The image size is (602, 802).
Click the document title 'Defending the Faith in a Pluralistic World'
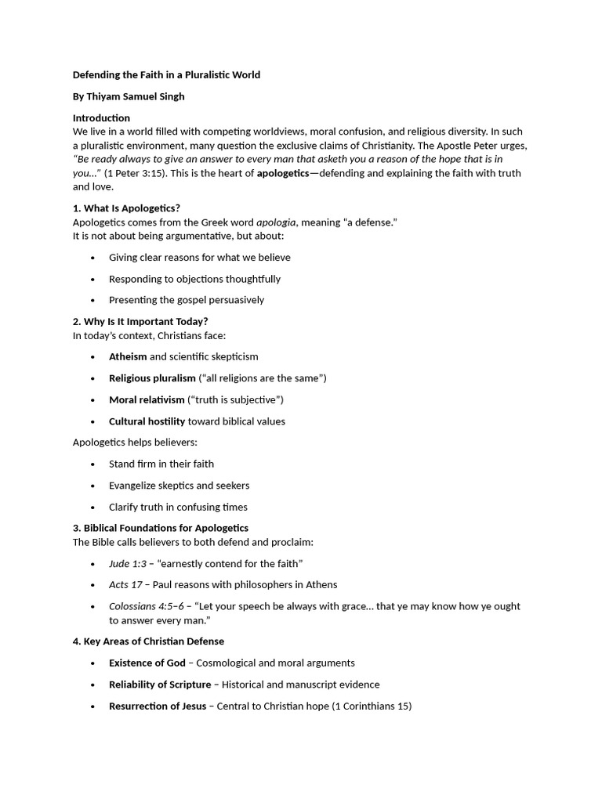166,75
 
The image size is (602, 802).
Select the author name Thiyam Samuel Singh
130,96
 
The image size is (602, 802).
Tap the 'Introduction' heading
101,118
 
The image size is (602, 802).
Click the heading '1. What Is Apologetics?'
126,208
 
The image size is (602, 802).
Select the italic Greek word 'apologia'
277,222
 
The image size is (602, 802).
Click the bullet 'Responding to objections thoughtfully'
194,279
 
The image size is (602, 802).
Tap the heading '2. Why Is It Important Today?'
140,322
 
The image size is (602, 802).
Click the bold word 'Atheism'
128,356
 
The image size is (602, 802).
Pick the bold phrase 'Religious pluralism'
152,378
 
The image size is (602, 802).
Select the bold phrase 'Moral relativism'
147,399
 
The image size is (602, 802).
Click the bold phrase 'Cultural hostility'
147,421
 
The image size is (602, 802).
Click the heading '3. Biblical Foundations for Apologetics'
161,528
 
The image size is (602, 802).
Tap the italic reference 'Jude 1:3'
127,563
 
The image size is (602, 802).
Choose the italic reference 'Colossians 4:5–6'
147,606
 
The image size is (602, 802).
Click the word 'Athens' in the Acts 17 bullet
321,585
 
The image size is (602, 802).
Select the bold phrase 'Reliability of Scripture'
159,685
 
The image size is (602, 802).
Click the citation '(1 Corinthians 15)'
372,706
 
